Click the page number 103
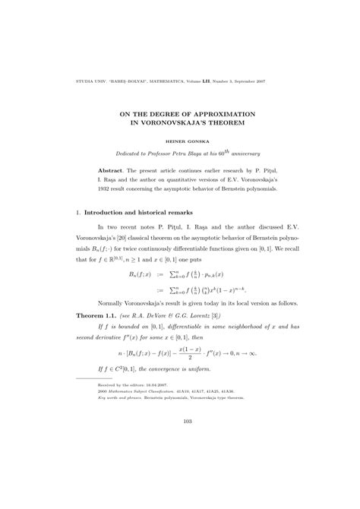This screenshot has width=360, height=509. pyautogui.click(x=180, y=463)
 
